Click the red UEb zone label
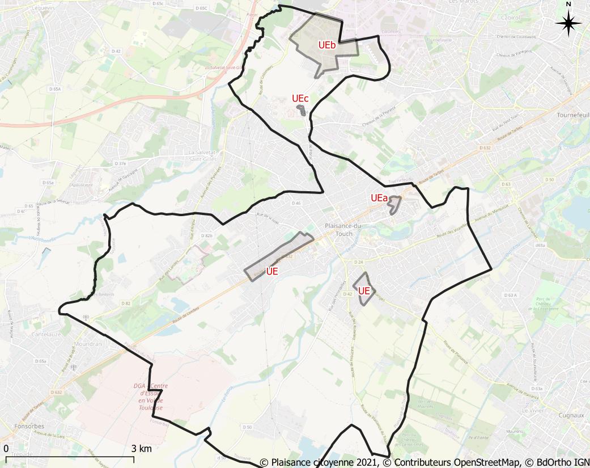click(x=327, y=46)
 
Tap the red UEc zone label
click(x=300, y=98)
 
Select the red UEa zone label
click(x=379, y=199)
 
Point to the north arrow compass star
click(x=568, y=23)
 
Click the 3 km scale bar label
click(x=141, y=449)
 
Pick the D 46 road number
click(x=296, y=203)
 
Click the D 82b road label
click(x=206, y=235)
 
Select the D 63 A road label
click(x=510, y=295)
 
